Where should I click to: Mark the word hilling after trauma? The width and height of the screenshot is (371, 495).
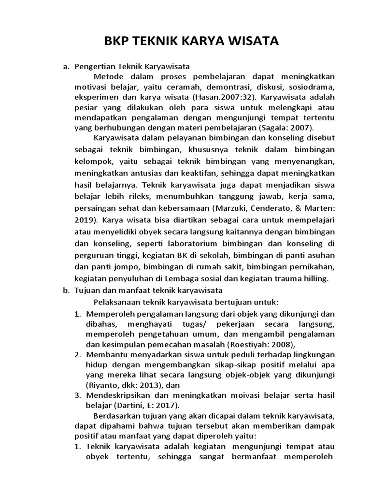314,278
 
